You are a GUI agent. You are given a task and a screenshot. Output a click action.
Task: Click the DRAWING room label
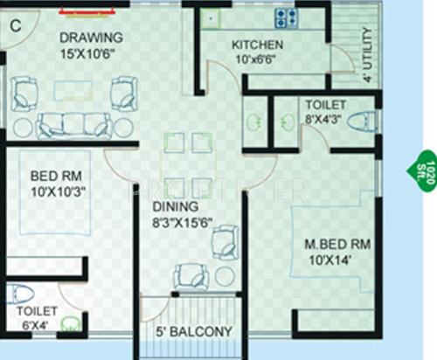(90, 38)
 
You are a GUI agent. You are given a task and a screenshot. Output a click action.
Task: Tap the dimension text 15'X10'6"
(90, 54)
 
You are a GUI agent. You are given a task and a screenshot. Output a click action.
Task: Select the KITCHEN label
(257, 45)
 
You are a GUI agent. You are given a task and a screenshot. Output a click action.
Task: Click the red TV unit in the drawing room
(88, 10)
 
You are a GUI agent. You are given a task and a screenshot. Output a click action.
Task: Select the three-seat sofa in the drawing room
(73, 123)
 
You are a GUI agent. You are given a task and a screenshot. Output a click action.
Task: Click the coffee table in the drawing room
(73, 91)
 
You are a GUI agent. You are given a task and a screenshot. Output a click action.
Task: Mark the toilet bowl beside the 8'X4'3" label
(360, 123)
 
